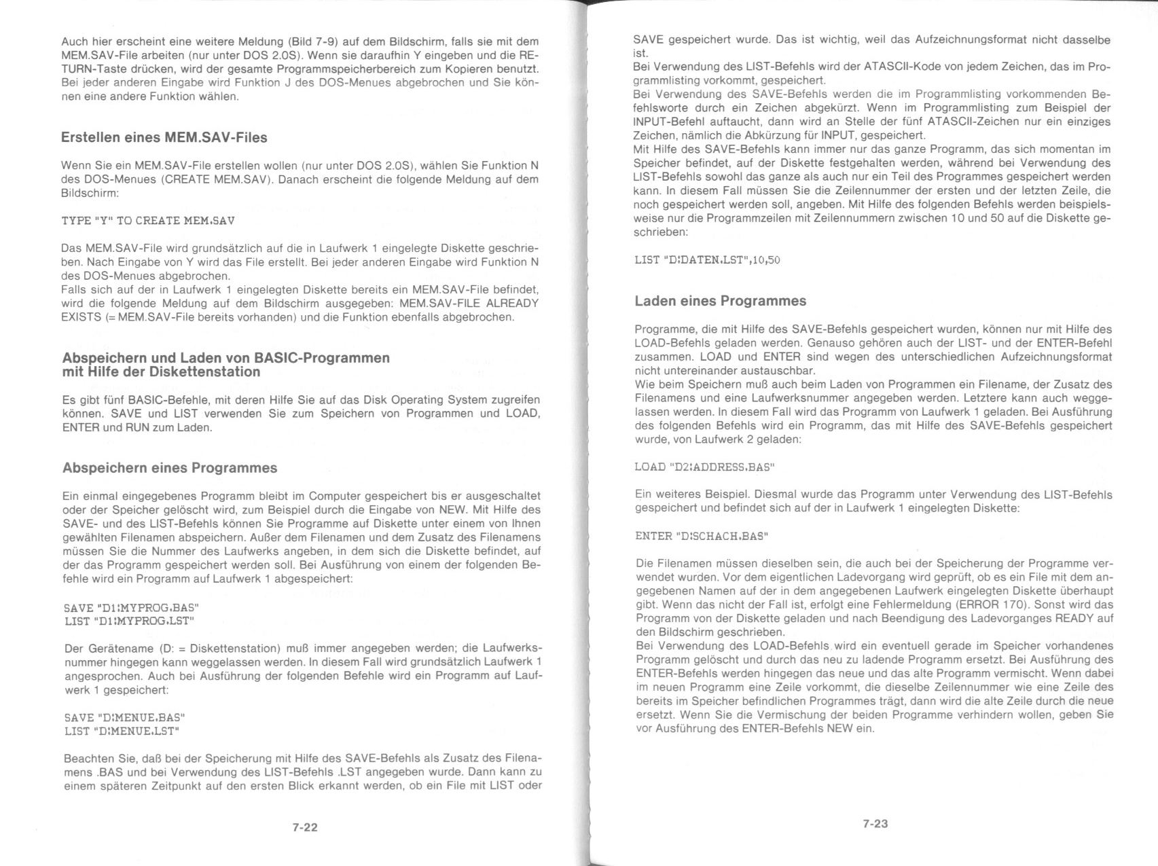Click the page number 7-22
click(305, 827)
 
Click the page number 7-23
click(875, 823)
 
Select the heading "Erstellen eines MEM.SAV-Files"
click(164, 137)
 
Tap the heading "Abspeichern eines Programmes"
click(170, 467)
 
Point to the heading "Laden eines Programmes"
click(721, 300)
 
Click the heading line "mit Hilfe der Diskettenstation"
click(161, 372)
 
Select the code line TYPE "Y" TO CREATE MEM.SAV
click(148, 221)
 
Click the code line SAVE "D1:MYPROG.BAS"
click(131, 607)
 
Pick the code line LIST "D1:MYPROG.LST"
click(129, 621)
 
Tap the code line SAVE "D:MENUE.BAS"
click(124, 717)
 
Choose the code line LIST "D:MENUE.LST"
click(122, 731)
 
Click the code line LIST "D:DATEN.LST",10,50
click(707, 259)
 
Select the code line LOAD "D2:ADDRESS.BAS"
click(704, 467)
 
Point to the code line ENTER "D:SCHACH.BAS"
click(702, 536)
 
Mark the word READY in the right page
click(1076, 618)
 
